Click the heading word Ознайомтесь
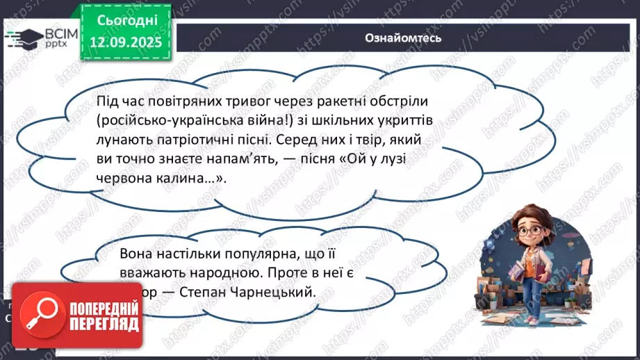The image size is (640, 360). [x=403, y=38]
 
